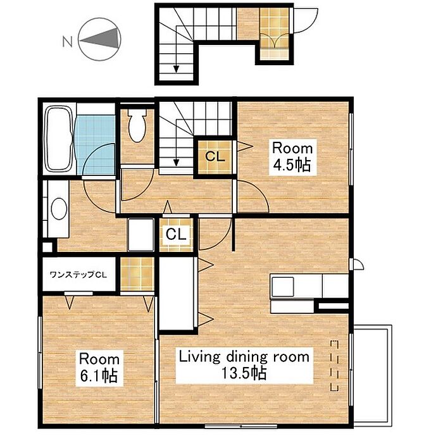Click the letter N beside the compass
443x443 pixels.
pos(67,42)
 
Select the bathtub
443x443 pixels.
pos(59,139)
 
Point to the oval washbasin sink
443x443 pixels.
pos(59,209)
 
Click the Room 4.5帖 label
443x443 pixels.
pos(292,157)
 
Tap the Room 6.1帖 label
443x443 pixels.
pos(99,368)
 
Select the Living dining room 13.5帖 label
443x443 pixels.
pos(244,365)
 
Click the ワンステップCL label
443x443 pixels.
pos(78,275)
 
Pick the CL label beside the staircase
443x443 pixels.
pos(215,156)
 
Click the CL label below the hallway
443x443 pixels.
pos(176,234)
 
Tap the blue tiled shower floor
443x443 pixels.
pos(95,145)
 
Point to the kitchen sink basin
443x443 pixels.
pos(282,287)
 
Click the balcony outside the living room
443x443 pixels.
pos(372,376)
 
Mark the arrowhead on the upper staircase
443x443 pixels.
pos(177,69)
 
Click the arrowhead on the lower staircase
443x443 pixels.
pos(177,163)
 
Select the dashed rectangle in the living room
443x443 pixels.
pos(335,366)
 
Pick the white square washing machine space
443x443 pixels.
pos(140,235)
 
